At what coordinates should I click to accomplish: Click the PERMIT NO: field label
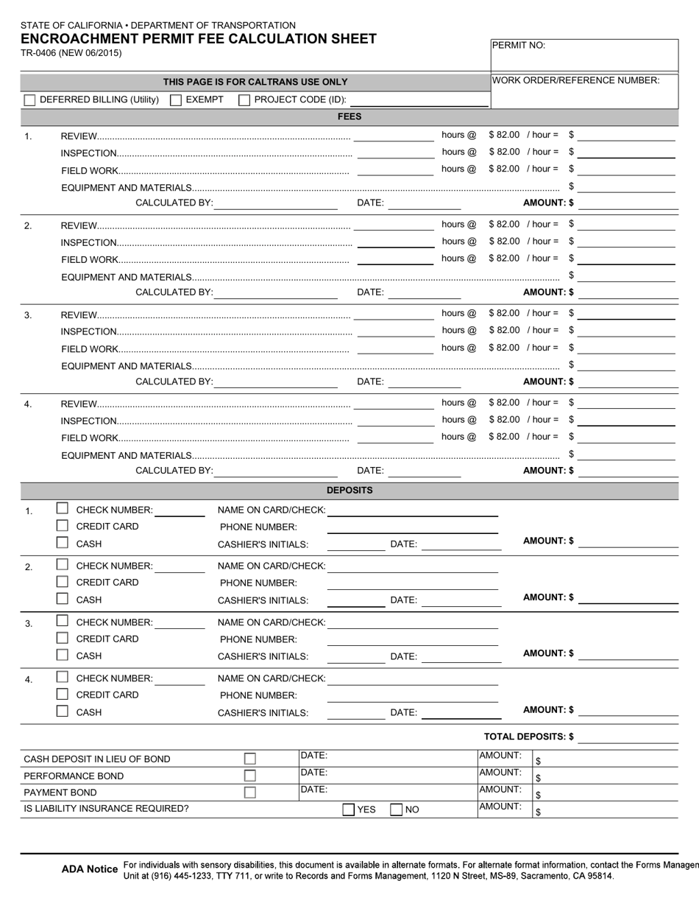point(518,46)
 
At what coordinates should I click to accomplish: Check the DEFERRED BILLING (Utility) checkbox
point(29,100)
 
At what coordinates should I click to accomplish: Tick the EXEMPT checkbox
point(176,100)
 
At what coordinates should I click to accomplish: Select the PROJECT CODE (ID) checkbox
point(244,100)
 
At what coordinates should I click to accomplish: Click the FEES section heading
point(349,116)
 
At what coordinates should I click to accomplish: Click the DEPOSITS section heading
point(349,491)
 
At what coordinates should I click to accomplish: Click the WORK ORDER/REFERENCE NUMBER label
point(575,80)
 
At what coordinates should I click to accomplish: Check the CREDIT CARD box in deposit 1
point(63,526)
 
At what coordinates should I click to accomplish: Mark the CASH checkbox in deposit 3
point(63,655)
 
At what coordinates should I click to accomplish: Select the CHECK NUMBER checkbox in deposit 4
point(63,677)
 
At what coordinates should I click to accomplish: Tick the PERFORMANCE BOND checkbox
point(250,776)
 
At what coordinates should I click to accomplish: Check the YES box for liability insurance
point(349,810)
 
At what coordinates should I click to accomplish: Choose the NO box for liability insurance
point(397,810)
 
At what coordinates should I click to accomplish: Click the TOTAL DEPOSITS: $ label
point(528,737)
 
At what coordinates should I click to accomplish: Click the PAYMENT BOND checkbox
point(250,793)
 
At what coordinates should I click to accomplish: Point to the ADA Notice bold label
point(89,870)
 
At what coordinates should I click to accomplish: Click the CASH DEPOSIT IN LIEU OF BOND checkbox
point(250,759)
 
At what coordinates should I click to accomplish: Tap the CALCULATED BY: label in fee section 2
point(174,292)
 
